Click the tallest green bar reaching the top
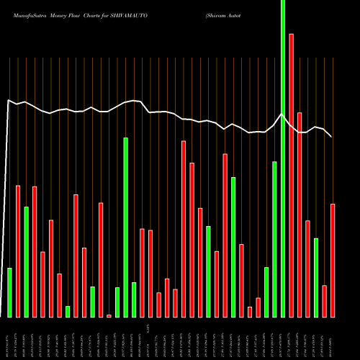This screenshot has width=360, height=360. click(282, 158)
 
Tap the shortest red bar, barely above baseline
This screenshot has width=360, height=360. click(109, 315)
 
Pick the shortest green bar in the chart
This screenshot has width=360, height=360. click(88, 311)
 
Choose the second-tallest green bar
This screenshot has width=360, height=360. click(125, 227)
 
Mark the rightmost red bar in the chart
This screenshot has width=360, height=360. click(333, 260)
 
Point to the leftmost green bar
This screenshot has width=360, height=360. click(10, 292)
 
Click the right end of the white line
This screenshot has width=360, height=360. click(332, 137)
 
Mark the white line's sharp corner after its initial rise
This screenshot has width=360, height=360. click(9, 100)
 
